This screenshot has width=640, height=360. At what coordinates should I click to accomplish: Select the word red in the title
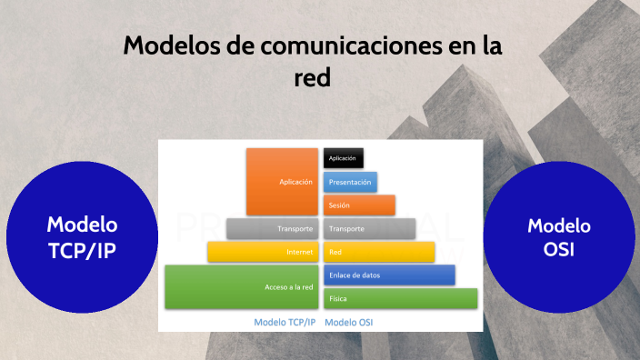tap(311, 78)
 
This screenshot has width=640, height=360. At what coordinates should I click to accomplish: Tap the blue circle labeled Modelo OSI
tap(559, 237)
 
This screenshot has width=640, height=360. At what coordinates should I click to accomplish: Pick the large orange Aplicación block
tap(281, 182)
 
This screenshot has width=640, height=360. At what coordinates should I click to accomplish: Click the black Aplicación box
tap(344, 158)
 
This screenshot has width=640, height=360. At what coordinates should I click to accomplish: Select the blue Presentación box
tap(350, 182)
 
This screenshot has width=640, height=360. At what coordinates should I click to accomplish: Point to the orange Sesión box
tap(359, 205)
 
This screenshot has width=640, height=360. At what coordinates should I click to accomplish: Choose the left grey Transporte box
tap(271, 228)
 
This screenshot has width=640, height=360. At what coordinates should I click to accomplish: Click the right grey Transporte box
tap(369, 228)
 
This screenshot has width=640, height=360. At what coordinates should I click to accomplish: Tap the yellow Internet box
tap(262, 252)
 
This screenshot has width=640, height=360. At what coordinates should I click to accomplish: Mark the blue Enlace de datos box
tap(389, 275)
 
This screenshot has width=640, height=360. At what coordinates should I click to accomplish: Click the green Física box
tap(400, 298)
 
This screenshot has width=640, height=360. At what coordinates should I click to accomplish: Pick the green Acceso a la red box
tap(241, 286)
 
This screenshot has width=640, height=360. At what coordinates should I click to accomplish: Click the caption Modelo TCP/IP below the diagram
tap(285, 322)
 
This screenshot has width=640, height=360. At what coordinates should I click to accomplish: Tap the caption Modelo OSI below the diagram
tap(349, 322)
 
